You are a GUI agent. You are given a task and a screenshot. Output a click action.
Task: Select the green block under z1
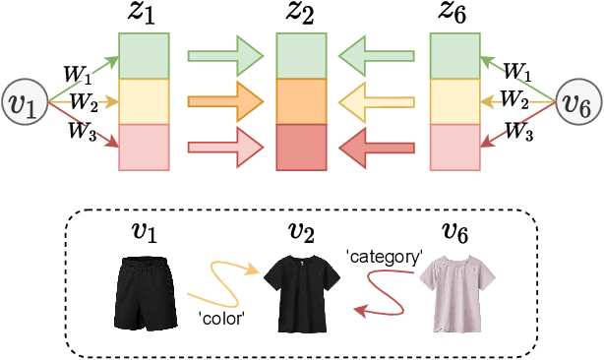coord(144,55)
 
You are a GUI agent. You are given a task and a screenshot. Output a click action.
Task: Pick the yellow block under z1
coord(144,100)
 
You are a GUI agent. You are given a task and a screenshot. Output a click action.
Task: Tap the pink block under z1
coord(144,146)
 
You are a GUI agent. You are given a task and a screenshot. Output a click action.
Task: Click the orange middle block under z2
coord(301,100)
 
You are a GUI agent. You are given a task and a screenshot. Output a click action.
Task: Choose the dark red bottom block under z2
coord(301,146)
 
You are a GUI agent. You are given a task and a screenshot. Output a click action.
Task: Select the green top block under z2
coord(301,55)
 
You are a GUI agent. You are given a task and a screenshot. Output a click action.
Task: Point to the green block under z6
coord(456,55)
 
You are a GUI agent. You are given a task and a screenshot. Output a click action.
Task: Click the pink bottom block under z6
coord(456,146)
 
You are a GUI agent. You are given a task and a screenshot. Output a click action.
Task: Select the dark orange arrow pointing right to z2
coord(225,100)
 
